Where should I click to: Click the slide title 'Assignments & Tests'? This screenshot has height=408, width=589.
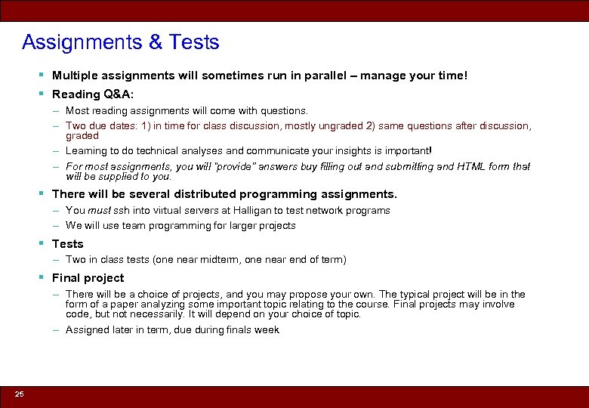pyautogui.click(x=121, y=42)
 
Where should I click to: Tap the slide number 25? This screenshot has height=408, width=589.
pyautogui.click(x=19, y=394)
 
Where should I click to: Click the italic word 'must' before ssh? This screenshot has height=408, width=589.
pyautogui.click(x=98, y=211)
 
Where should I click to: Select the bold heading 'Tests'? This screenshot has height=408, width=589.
pyautogui.click(x=67, y=244)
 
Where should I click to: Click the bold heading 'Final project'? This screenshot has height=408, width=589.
pyautogui.click(x=88, y=278)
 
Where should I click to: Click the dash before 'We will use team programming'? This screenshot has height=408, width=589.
pyautogui.click(x=57, y=226)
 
